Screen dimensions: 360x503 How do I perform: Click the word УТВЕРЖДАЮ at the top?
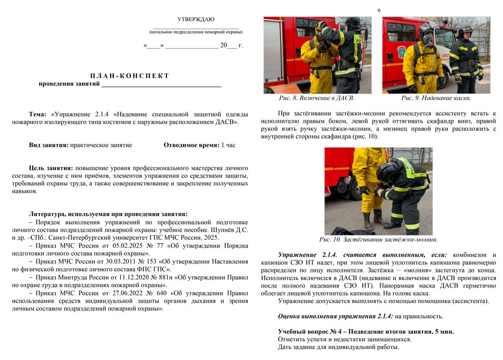click(x=196, y=20)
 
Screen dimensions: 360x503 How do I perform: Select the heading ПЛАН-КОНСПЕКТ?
click(x=130, y=76)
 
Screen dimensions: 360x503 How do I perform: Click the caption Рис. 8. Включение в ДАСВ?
click(x=317, y=98)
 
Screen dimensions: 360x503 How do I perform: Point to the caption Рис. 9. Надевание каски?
click(x=436, y=98)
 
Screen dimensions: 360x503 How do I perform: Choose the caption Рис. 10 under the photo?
click(x=378, y=240)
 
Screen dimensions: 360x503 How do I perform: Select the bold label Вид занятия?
click(x=49, y=145)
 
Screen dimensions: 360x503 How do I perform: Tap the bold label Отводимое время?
click(x=191, y=145)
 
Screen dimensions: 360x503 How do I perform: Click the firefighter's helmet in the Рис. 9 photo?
click(x=465, y=31)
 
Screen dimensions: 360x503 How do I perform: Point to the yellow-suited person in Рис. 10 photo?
click(x=363, y=181)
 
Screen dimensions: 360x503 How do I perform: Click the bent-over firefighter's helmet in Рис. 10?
click(x=387, y=171)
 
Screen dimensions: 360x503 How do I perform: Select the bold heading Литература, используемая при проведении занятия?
click(x=108, y=214)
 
